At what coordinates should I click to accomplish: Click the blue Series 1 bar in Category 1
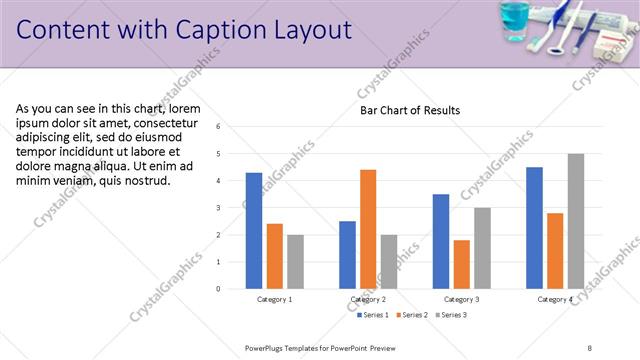[x=254, y=231]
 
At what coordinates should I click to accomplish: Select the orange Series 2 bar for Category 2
[x=368, y=229]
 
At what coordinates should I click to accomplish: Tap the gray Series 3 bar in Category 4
[x=575, y=221]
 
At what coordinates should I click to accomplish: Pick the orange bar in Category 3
[x=461, y=264]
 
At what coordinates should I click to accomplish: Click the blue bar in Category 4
[x=534, y=228]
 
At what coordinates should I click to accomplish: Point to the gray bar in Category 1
[x=295, y=262]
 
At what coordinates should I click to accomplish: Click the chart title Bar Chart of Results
[x=410, y=110]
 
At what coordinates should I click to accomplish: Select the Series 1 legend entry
[x=373, y=315]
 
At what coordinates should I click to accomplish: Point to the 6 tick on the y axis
[x=232, y=127]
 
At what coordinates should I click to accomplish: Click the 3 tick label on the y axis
[x=232, y=208]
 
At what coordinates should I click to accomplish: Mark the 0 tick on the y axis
[x=232, y=289]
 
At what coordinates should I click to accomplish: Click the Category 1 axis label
[x=275, y=299]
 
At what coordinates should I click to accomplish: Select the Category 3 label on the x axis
[x=461, y=299]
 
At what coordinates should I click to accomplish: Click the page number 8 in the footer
[x=590, y=347]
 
